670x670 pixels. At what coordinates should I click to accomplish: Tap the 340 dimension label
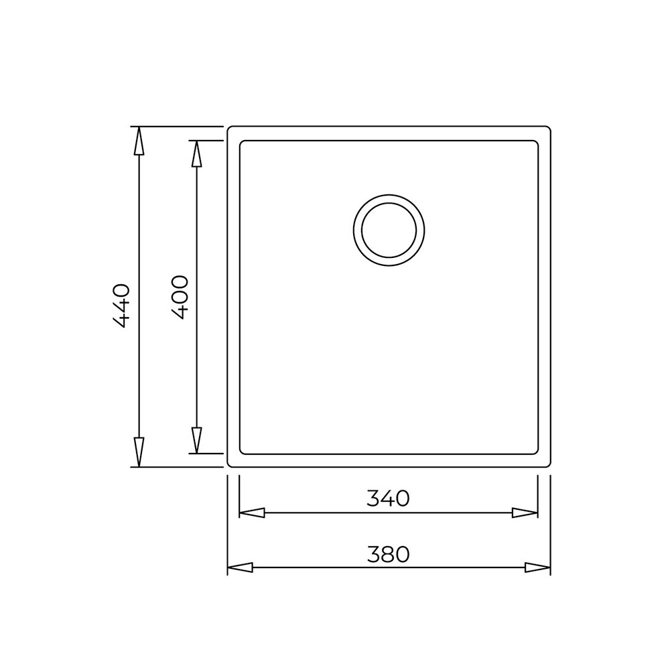pyautogui.click(x=388, y=498)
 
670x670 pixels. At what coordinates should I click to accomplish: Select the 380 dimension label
pyautogui.click(x=388, y=554)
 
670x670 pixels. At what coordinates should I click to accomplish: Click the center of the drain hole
pyautogui.click(x=389, y=230)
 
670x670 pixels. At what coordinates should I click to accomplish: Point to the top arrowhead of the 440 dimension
pyautogui.click(x=139, y=141)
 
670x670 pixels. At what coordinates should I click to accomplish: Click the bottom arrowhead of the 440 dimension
pyautogui.click(x=139, y=453)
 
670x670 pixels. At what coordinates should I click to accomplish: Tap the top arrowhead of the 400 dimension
pyautogui.click(x=196, y=154)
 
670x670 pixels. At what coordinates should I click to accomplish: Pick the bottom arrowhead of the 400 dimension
pyautogui.click(x=196, y=440)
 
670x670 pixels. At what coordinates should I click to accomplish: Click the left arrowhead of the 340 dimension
pyautogui.click(x=252, y=513)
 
